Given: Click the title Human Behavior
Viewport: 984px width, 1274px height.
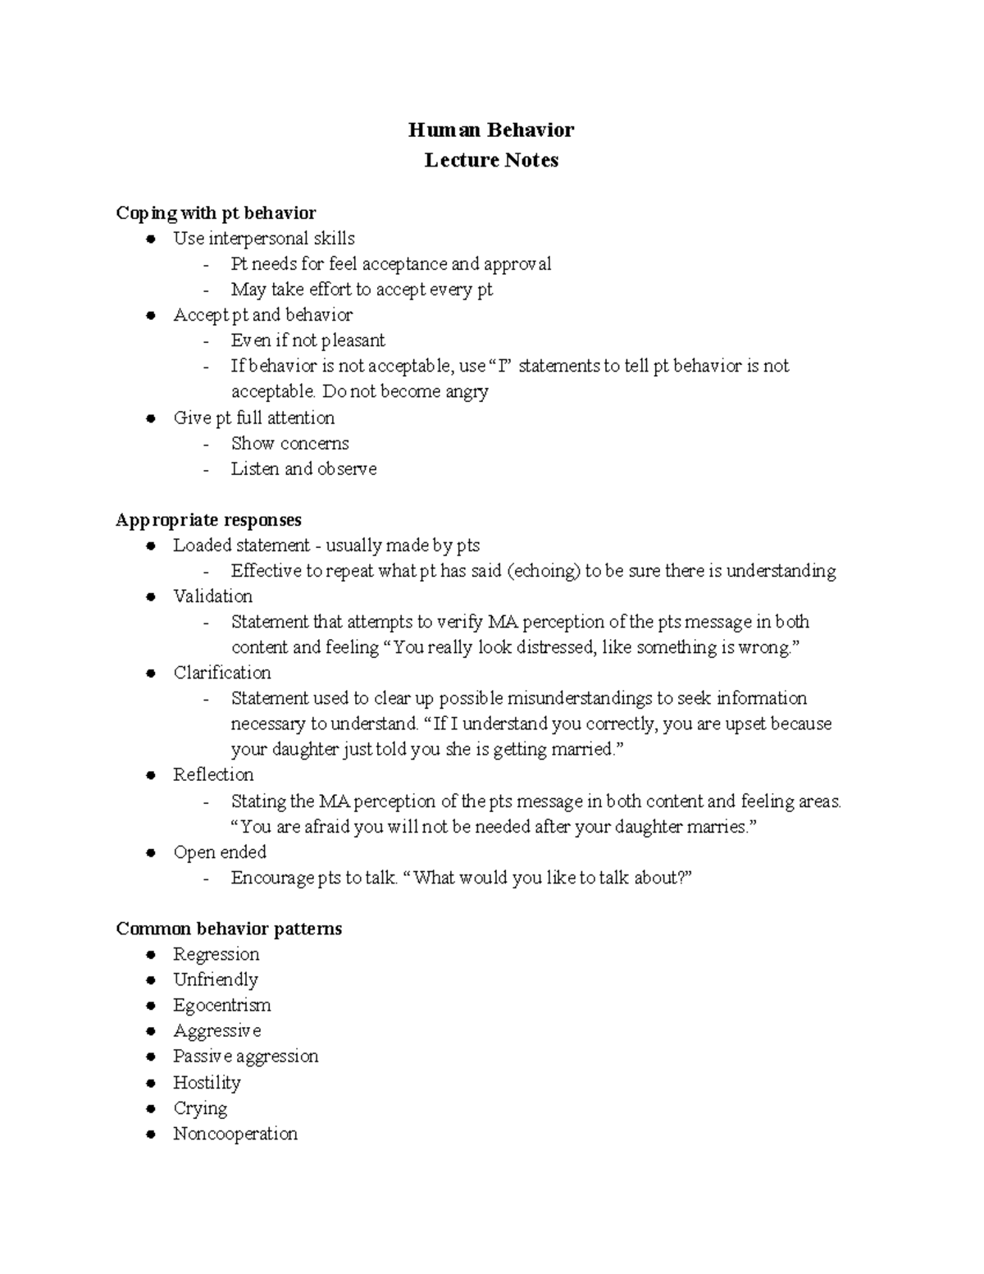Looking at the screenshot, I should pos(491,130).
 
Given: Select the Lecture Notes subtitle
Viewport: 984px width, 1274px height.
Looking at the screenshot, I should pos(491,160).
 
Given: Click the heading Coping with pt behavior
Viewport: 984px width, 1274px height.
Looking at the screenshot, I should pos(216,213).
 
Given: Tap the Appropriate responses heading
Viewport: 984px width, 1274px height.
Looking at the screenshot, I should pos(208,520).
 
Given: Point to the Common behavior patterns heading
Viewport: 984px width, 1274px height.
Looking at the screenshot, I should pos(229,929).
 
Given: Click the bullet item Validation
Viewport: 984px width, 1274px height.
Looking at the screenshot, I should pos(212,596).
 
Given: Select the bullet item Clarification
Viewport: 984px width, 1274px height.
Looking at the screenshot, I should pos(221,673).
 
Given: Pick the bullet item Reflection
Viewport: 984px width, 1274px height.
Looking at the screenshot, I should pos(213,775).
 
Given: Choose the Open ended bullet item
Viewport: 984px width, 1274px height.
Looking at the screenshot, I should pos(219,852).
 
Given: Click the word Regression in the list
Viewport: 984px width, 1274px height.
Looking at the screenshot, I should pos(216,954).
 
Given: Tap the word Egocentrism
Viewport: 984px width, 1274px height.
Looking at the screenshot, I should pos(221,1006).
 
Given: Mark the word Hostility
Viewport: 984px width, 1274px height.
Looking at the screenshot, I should pos(207,1083).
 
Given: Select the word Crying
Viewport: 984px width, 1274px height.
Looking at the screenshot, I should pos(200,1108).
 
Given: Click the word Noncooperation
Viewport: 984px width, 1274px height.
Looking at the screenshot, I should pos(235,1134).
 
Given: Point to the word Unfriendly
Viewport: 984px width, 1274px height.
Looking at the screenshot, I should pos(215,979).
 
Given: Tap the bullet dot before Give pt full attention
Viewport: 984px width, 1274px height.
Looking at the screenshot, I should pos(150,418).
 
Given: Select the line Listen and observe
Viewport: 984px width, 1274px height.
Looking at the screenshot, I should pos(303,469).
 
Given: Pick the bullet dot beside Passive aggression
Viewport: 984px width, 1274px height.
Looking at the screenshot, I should pos(150,1057).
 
